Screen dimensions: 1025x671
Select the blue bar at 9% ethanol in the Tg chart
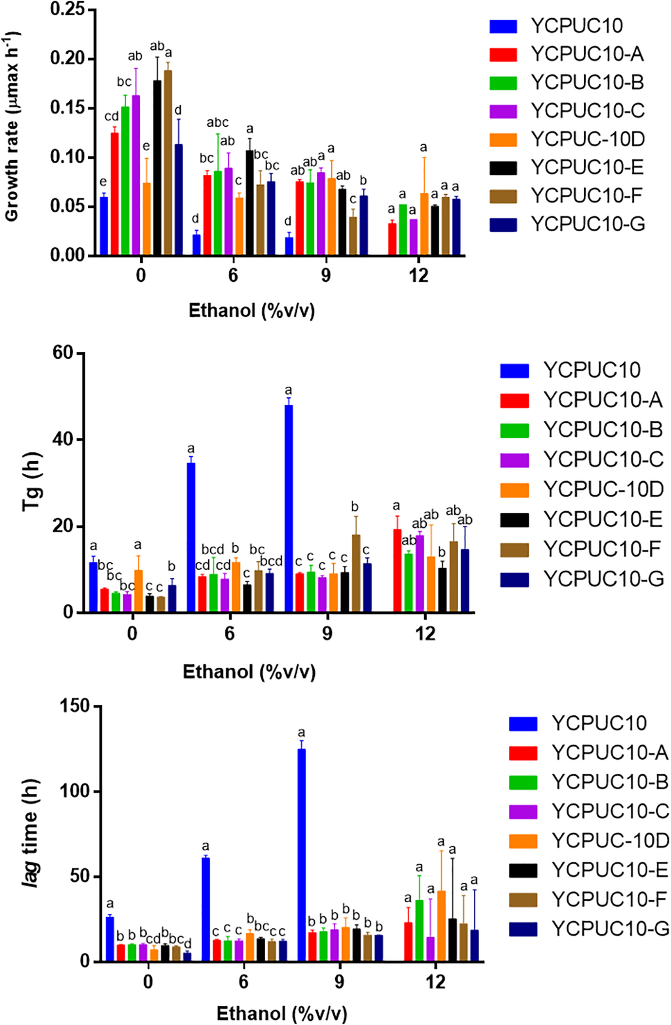[289, 508]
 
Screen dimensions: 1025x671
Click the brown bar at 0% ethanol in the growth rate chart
[168, 164]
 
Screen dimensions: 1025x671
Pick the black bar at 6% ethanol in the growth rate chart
[249, 203]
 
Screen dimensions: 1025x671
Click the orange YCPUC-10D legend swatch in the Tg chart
[514, 490]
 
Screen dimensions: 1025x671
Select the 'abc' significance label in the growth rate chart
[218, 123]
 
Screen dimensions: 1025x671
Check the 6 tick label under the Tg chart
[230, 634]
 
